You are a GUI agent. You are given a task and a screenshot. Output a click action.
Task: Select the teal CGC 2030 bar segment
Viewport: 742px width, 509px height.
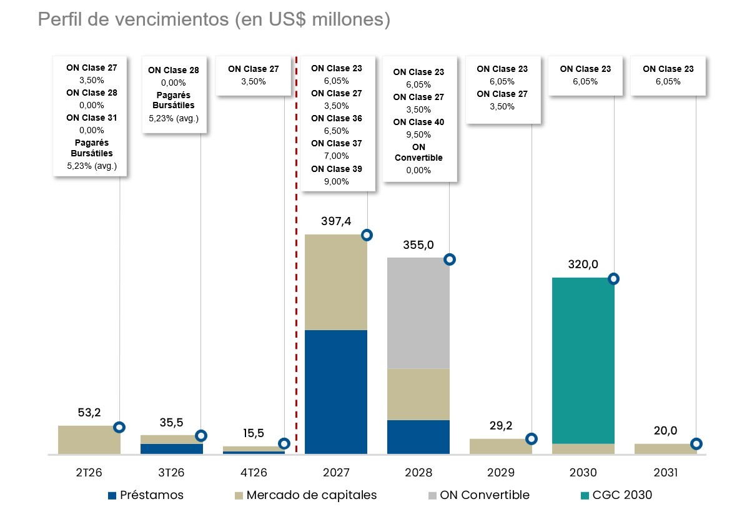pyautogui.click(x=583, y=360)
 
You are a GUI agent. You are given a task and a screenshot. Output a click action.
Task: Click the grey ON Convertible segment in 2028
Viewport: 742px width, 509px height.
pyautogui.click(x=418, y=313)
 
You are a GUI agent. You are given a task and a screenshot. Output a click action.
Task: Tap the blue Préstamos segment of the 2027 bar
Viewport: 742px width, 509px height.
pyautogui.click(x=335, y=391)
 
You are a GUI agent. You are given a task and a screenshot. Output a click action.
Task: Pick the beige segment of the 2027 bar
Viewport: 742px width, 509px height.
pyautogui.click(x=335, y=282)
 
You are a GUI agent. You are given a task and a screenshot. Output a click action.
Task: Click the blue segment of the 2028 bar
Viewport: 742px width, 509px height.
pyautogui.click(x=418, y=436)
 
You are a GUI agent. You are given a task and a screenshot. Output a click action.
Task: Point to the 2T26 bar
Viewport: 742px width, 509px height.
pyautogui.click(x=89, y=440)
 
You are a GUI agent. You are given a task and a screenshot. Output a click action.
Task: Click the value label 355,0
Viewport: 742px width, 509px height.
pyautogui.click(x=418, y=244)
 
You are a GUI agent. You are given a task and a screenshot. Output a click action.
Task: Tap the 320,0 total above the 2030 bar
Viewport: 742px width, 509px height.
pyautogui.click(x=583, y=265)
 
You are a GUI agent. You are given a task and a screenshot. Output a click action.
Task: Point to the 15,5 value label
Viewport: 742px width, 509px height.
pyautogui.click(x=254, y=433)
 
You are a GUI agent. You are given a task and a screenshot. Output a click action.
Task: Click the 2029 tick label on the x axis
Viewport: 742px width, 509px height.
pyautogui.click(x=500, y=472)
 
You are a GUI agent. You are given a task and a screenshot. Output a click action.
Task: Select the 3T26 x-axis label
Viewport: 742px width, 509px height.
pyautogui.click(x=171, y=472)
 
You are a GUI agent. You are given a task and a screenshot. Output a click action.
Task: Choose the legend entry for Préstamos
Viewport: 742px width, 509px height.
pyautogui.click(x=146, y=495)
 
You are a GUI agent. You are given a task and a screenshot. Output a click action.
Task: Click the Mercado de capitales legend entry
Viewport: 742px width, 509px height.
pyautogui.click(x=305, y=495)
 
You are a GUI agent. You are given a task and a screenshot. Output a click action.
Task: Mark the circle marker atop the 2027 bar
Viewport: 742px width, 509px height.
pyautogui.click(x=367, y=235)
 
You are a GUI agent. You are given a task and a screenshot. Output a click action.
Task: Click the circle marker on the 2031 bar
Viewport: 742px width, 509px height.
pyautogui.click(x=696, y=444)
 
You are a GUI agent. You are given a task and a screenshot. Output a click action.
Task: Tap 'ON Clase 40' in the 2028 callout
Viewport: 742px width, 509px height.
pyautogui.click(x=418, y=122)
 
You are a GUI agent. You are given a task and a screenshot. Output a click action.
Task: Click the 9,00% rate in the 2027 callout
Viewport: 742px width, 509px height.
pyautogui.click(x=336, y=181)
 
